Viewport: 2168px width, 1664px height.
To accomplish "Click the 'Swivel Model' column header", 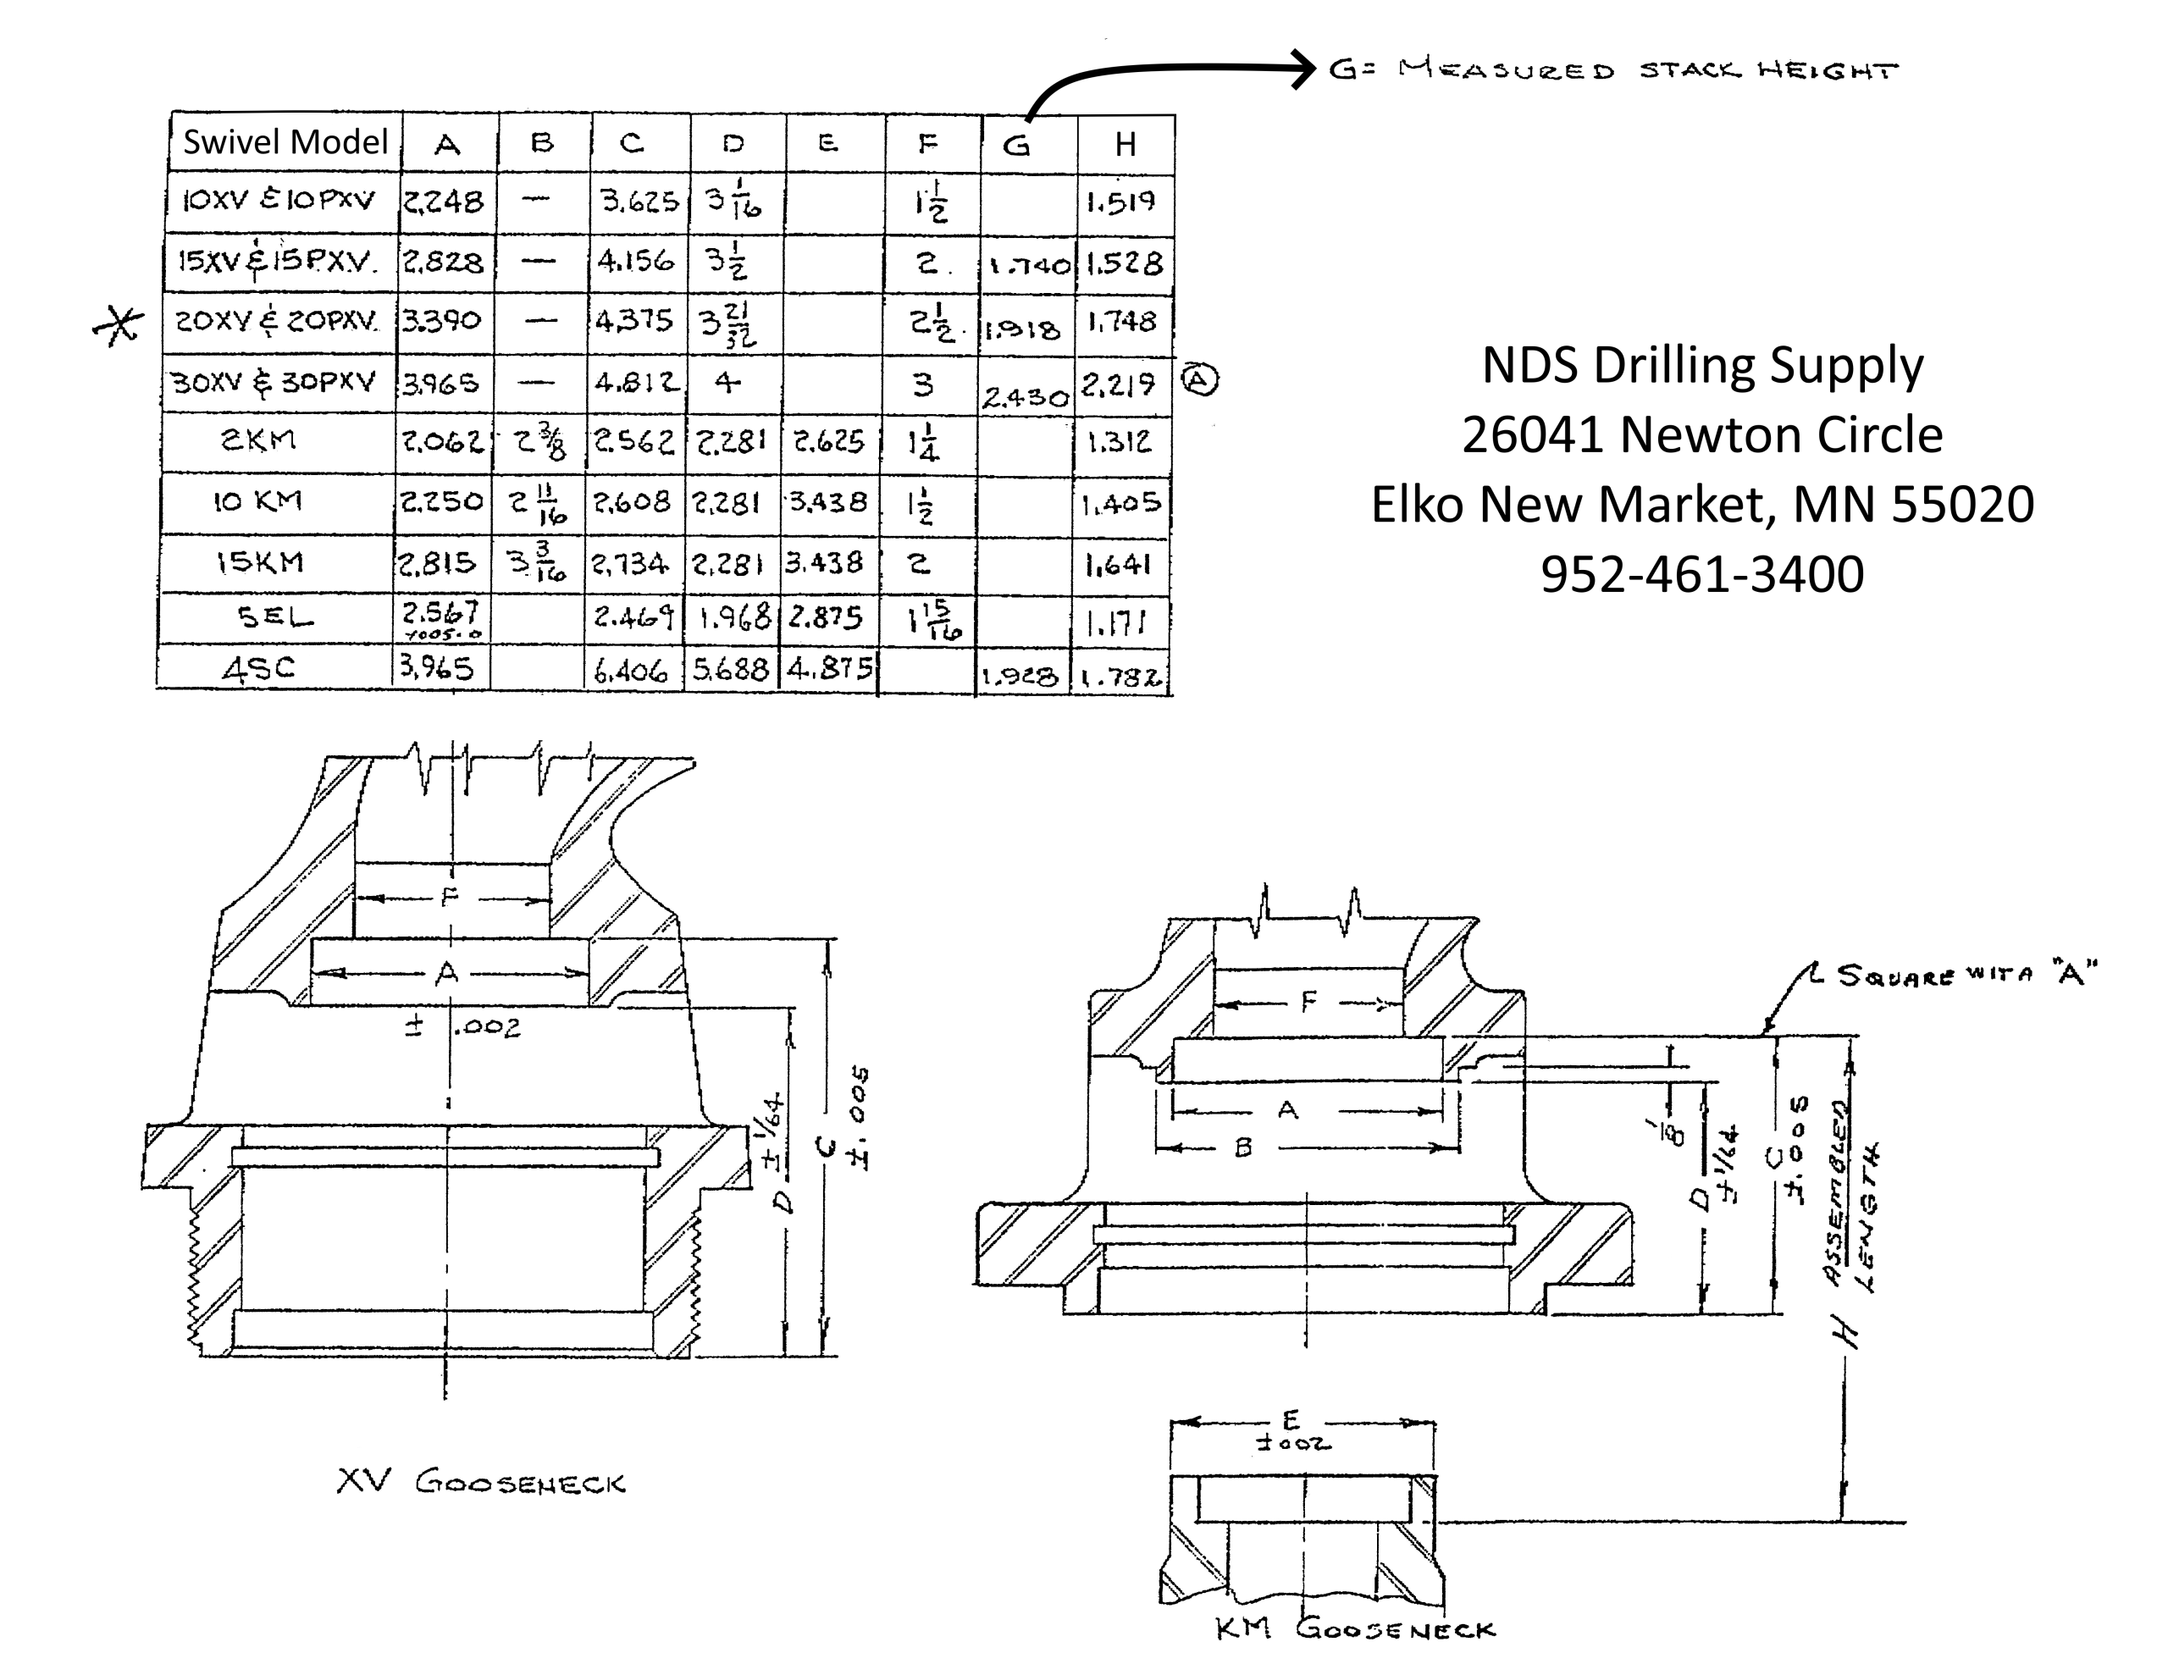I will pyautogui.click(x=285, y=142).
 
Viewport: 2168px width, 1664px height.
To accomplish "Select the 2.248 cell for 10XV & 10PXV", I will pyautogui.click(x=443, y=202).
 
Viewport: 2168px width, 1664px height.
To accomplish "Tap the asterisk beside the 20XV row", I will pyautogui.click(x=118, y=323).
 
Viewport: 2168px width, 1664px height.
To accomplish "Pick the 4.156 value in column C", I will pyautogui.click(x=635, y=262).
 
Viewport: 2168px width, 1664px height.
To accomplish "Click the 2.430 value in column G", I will pyautogui.click(x=1025, y=397).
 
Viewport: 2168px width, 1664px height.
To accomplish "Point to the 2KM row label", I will pyautogui.click(x=257, y=439).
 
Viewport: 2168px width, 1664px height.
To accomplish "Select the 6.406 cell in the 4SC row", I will pyautogui.click(x=631, y=672).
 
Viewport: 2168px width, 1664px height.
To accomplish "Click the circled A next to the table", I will pyautogui.click(x=1200, y=380).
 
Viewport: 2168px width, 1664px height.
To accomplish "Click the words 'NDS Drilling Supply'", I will pyautogui.click(x=1701, y=366).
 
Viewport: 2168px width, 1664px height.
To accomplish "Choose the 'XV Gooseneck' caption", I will pyautogui.click(x=480, y=1483).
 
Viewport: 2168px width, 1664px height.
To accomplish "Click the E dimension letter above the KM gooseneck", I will pyautogui.click(x=1291, y=1420).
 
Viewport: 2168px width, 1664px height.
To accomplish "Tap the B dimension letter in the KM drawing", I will pyautogui.click(x=1244, y=1147).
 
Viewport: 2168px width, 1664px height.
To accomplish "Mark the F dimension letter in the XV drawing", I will pyautogui.click(x=449, y=898).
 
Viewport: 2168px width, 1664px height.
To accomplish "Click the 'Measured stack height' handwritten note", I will pyautogui.click(x=1612, y=70).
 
